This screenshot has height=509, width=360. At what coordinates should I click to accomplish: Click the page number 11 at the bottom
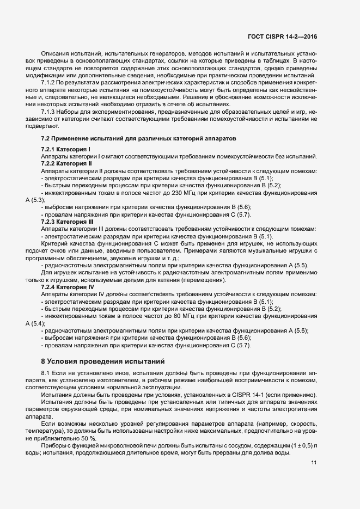[314, 463]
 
